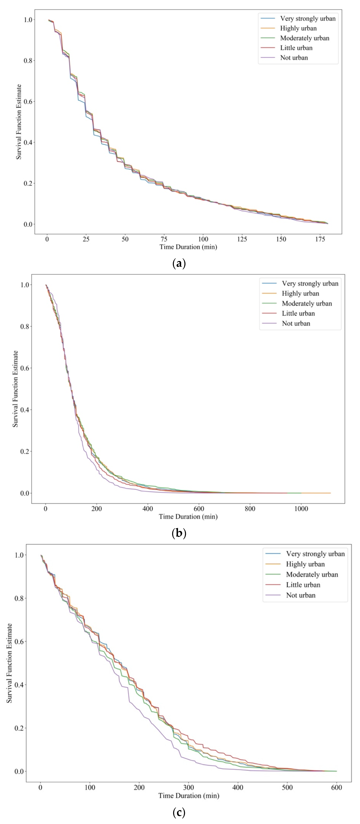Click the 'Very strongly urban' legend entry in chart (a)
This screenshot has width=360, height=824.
point(308,18)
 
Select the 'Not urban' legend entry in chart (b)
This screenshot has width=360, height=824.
point(296,323)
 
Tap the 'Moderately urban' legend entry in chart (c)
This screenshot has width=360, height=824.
point(312,574)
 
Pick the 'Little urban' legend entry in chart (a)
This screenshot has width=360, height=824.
point(296,48)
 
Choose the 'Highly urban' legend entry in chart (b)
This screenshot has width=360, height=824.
point(300,293)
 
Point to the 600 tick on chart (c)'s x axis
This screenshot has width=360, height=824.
point(336,788)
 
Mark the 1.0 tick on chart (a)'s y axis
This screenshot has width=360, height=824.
point(28,20)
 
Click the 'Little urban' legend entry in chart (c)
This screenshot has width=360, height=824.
point(303,585)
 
